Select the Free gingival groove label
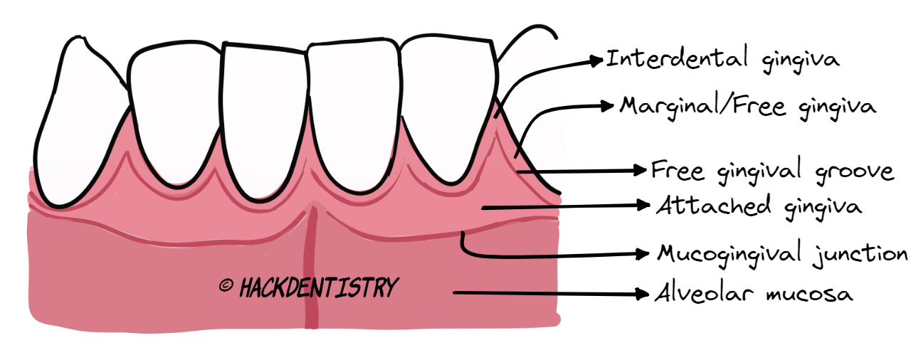pyautogui.click(x=772, y=171)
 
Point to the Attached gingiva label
pyautogui.click(x=759, y=206)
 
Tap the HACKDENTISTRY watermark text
pyautogui.click(x=318, y=287)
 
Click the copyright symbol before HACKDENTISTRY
pyautogui.click(x=226, y=286)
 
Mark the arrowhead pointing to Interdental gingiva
pyautogui.click(x=596, y=61)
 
